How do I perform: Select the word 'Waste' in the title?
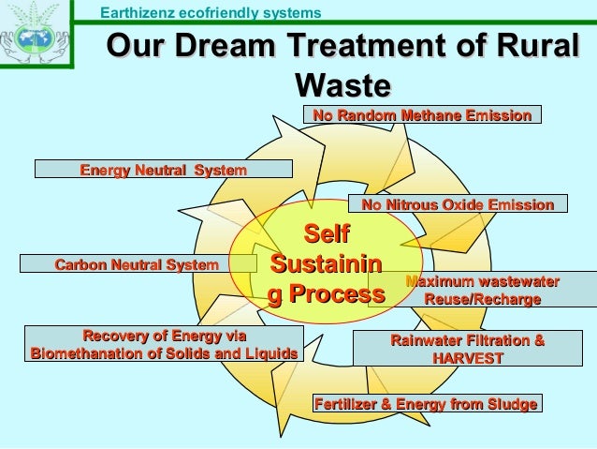click(342, 86)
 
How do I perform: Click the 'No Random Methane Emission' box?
click(422, 115)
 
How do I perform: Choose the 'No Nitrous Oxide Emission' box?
click(458, 203)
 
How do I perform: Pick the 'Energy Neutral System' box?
click(164, 170)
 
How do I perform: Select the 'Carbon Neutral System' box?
click(137, 265)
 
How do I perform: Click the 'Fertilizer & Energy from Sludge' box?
click(426, 404)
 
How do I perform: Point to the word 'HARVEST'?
click(468, 358)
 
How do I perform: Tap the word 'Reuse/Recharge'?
click(483, 299)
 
